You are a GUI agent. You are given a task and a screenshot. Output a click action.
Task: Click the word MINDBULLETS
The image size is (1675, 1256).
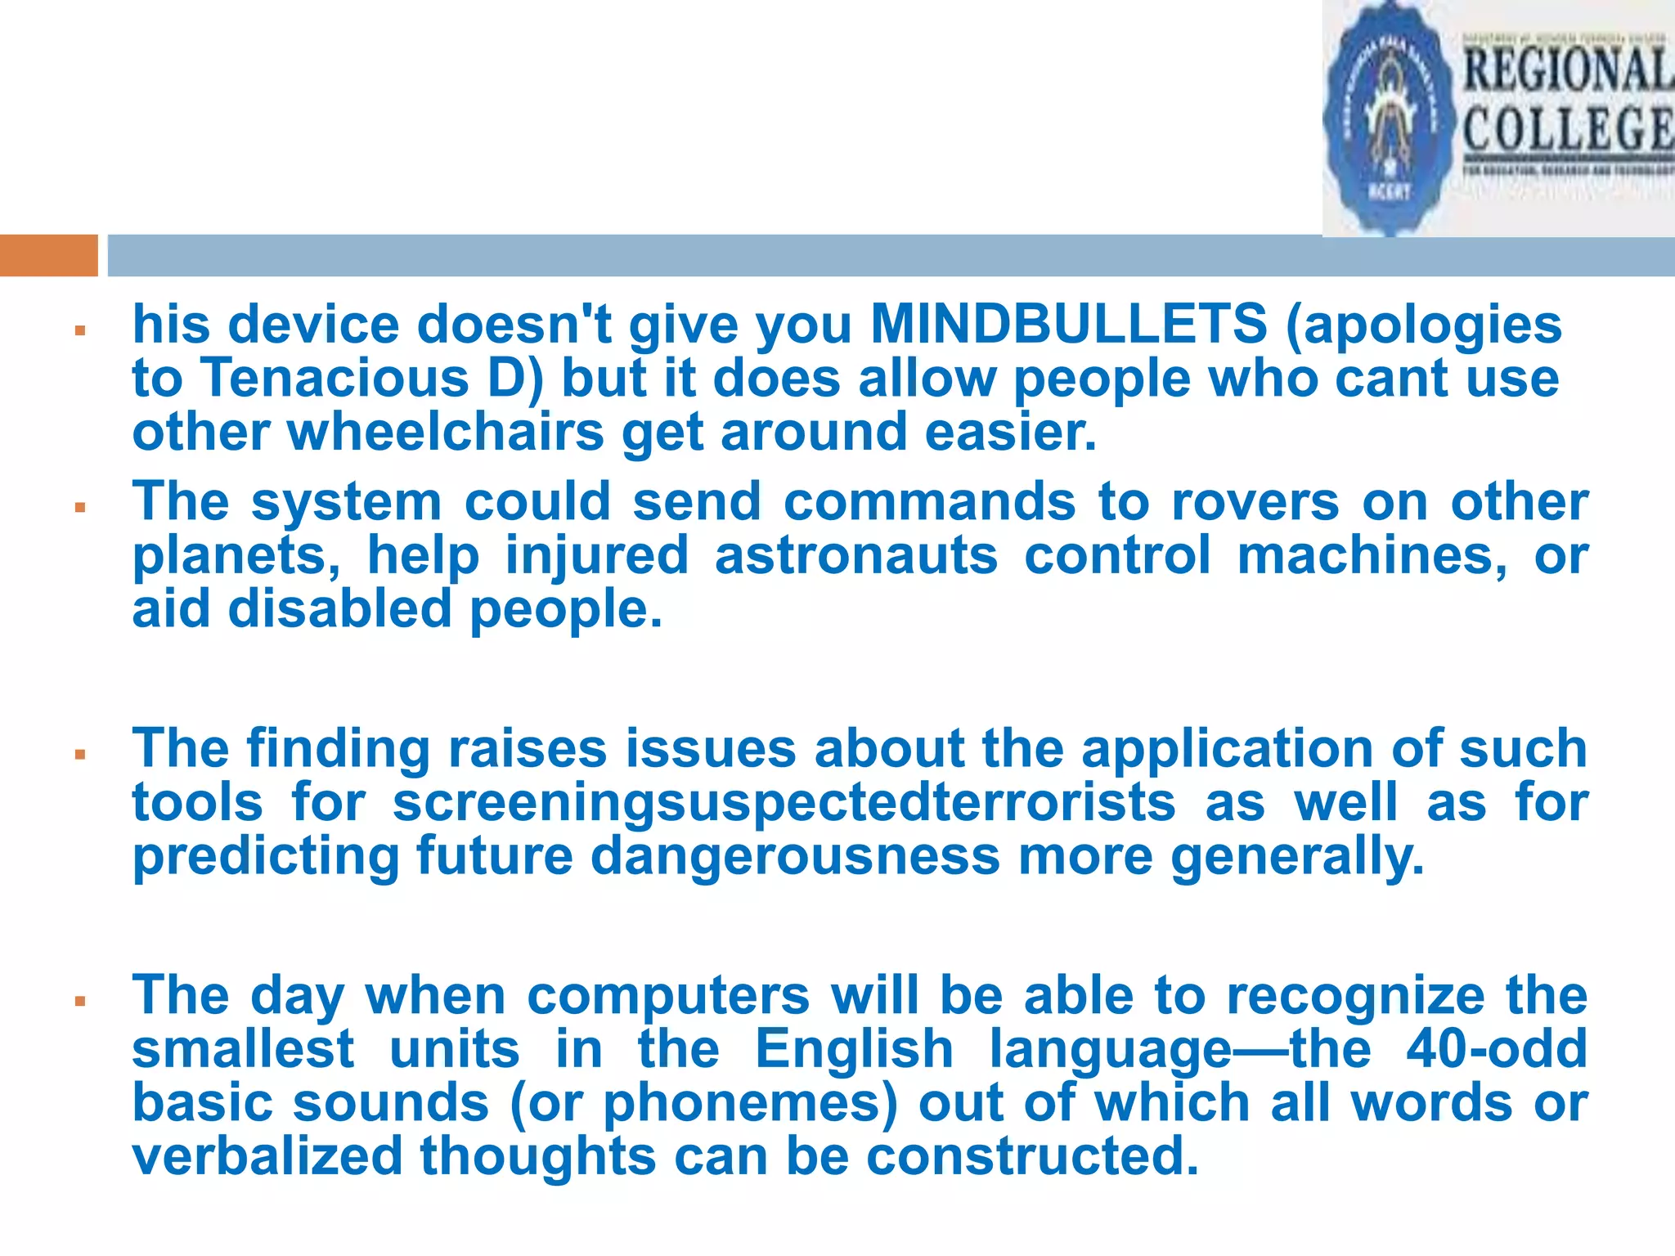point(1068,324)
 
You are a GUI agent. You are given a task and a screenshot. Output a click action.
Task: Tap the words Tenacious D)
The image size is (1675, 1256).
point(372,379)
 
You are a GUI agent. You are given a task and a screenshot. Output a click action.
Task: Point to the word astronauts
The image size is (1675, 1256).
point(855,555)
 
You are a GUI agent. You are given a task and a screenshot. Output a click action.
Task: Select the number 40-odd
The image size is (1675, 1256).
point(1497,1049)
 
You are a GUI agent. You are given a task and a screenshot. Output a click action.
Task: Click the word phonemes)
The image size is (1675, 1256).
point(750,1103)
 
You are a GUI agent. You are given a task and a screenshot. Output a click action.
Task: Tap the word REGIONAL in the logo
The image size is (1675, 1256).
point(1566,70)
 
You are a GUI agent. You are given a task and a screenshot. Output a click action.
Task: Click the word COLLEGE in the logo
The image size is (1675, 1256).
point(1566,129)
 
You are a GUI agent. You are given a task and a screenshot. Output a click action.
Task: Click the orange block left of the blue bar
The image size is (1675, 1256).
point(49,255)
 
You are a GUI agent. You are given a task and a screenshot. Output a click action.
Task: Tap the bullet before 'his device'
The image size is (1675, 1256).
point(80,331)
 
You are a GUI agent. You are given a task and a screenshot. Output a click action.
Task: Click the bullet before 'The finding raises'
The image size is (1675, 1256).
point(80,755)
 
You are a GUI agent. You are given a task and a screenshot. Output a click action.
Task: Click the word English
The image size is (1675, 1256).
point(853,1049)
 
